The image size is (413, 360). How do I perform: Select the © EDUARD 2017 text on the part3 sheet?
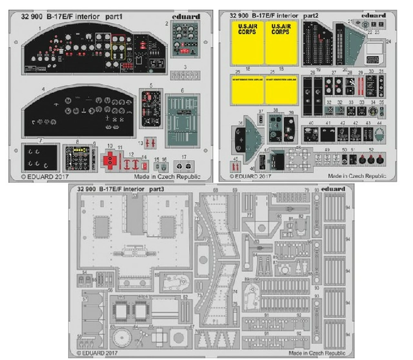[97, 353]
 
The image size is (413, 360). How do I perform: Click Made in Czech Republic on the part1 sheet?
[167, 177]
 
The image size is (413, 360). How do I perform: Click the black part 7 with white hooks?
[39, 157]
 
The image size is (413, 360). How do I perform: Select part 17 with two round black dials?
[184, 166]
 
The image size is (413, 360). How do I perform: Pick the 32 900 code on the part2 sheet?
[239, 15]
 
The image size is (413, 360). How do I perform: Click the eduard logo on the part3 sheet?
[333, 189]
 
